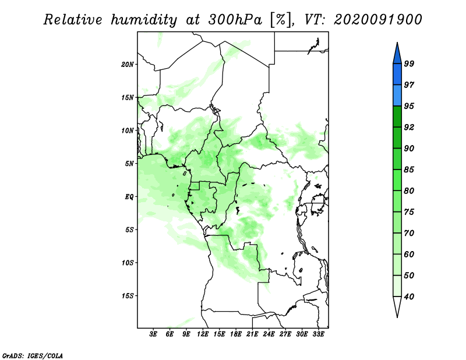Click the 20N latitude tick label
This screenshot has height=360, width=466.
pyautogui.click(x=128, y=65)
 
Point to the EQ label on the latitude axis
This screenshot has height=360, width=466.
pyautogui.click(x=129, y=197)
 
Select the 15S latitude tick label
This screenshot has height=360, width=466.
pyautogui.click(x=128, y=296)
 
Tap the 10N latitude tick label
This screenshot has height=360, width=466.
pyautogui.click(x=128, y=130)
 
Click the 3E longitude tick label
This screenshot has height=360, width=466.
pyautogui.click(x=153, y=334)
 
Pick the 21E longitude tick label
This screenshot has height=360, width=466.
pyautogui.click(x=252, y=334)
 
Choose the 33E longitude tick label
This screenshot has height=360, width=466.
pyautogui.click(x=318, y=334)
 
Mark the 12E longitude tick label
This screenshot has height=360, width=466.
pyautogui.click(x=203, y=334)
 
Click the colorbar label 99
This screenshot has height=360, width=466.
pyautogui.click(x=409, y=63)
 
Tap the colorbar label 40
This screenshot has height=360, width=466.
pyautogui.click(x=409, y=297)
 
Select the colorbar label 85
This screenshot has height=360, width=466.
pyautogui.click(x=409, y=170)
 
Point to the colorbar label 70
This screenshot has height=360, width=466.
pyautogui.click(x=409, y=233)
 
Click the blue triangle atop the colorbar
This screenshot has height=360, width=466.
pyautogui.click(x=397, y=54)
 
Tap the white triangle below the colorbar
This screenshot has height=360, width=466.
pyautogui.click(x=397, y=306)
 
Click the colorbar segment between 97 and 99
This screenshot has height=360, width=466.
pyautogui.click(x=397, y=75)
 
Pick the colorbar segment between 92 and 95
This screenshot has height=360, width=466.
pyautogui.click(x=397, y=117)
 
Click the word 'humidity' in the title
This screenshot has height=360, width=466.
pyautogui.click(x=144, y=20)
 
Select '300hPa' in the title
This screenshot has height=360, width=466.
pyautogui.click(x=235, y=20)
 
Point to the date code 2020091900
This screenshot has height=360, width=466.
pyautogui.click(x=378, y=20)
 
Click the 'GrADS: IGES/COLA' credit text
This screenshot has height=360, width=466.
pyautogui.click(x=33, y=355)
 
